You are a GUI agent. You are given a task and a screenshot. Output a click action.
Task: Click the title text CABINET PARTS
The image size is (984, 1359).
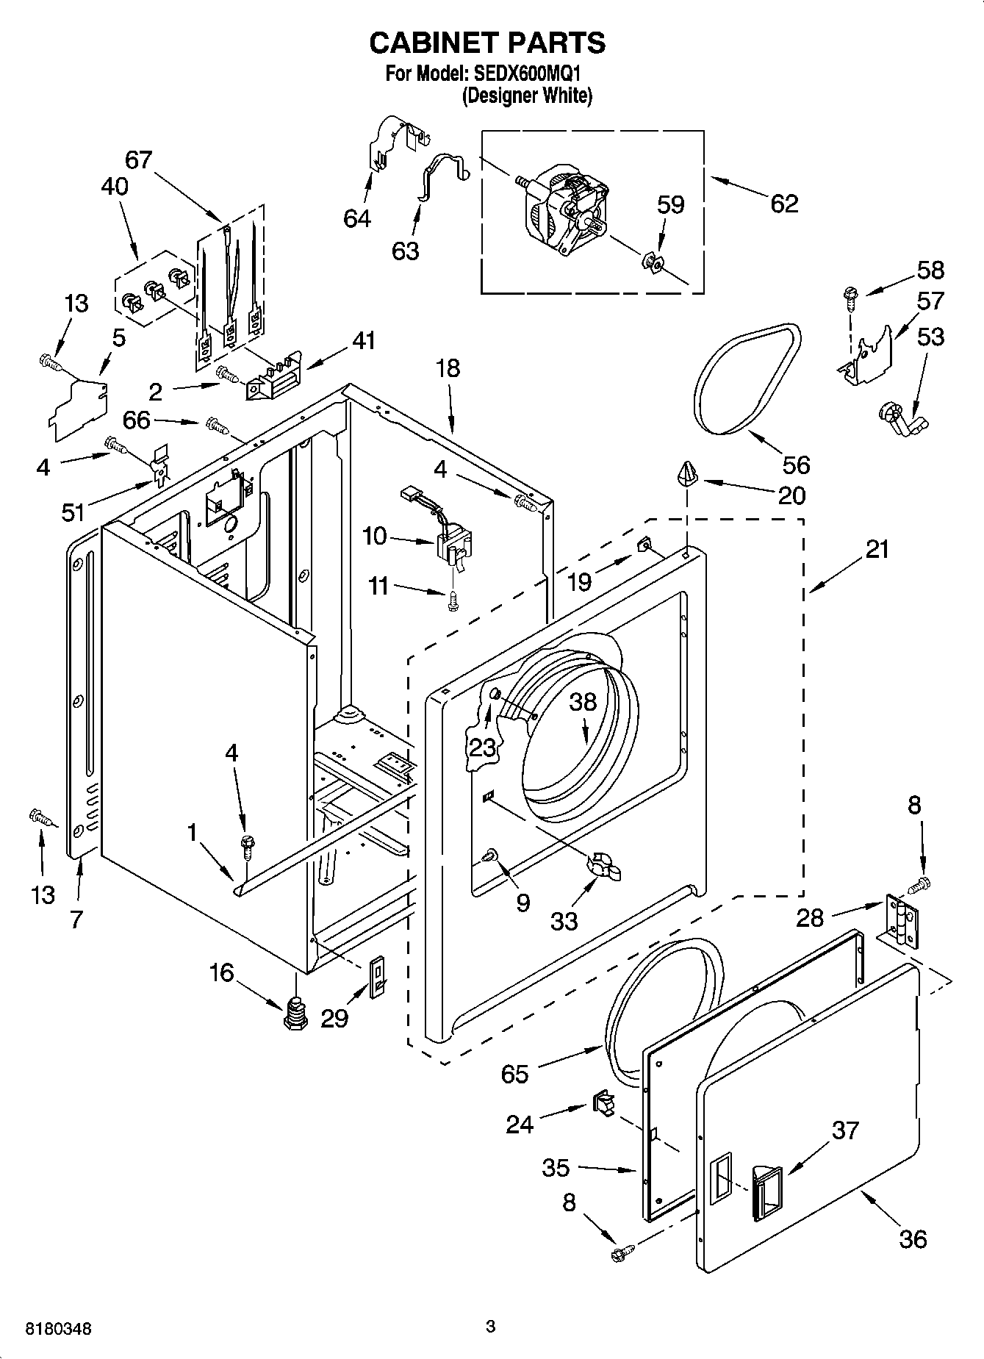pyautogui.click(x=487, y=43)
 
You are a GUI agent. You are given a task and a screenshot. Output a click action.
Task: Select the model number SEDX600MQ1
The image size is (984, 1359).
pyautogui.click(x=529, y=74)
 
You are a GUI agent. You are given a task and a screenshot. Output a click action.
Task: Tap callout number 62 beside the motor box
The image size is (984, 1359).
pyautogui.click(x=784, y=203)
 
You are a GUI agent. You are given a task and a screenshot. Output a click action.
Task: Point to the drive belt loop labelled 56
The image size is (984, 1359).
pyautogui.click(x=747, y=379)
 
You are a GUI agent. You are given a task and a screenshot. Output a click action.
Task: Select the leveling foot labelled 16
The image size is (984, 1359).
pyautogui.click(x=295, y=1013)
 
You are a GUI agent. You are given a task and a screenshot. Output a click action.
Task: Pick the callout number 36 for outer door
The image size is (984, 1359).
pyautogui.click(x=913, y=1238)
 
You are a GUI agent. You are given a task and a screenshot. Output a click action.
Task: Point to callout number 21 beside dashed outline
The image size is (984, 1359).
pyautogui.click(x=877, y=549)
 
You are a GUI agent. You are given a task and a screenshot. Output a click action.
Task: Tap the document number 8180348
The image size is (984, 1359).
pyautogui.click(x=59, y=1329)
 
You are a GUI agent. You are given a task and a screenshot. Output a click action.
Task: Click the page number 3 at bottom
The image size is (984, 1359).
pyautogui.click(x=491, y=1327)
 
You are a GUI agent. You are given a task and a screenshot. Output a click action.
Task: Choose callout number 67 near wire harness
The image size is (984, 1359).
pyautogui.click(x=138, y=159)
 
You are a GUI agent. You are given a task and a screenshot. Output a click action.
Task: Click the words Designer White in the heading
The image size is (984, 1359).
pyautogui.click(x=527, y=96)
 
